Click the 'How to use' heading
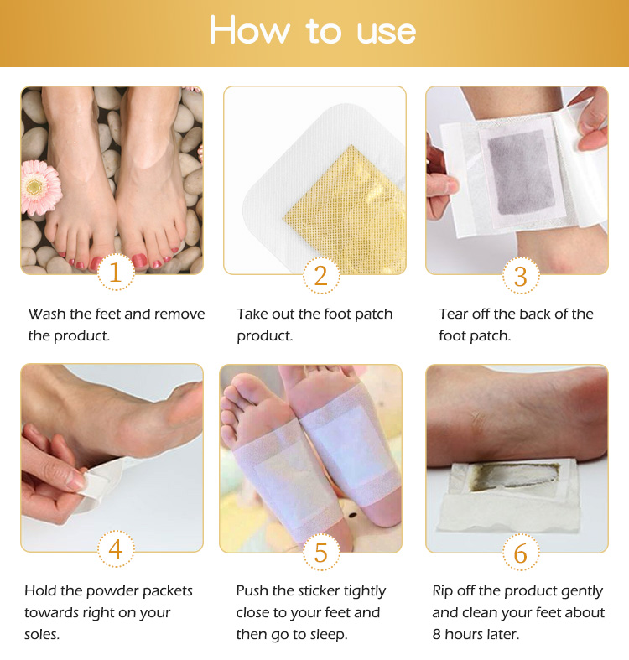tap(313, 30)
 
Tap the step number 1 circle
tap(116, 272)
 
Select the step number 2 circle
tap(321, 275)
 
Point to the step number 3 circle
tap(521, 276)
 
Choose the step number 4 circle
tap(116, 548)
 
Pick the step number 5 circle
tap(321, 553)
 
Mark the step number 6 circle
tap(521, 553)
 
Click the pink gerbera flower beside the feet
tap(41, 187)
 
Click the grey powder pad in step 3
tap(521, 173)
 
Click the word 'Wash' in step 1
tap(47, 314)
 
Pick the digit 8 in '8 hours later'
tap(436, 634)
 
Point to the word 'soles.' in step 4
tap(42, 634)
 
